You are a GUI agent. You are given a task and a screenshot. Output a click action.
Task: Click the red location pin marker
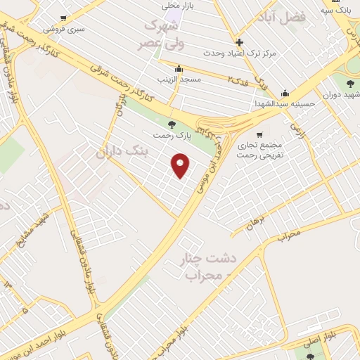point(181,165)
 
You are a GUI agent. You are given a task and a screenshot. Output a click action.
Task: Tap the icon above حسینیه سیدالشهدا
point(285,93)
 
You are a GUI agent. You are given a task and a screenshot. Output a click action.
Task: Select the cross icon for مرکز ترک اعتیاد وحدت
point(240,42)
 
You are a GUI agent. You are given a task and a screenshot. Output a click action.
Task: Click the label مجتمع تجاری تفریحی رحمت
point(259,149)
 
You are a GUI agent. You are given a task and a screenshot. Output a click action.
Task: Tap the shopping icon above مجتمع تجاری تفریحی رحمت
point(259,134)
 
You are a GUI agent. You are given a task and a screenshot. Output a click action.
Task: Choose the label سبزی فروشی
point(63,30)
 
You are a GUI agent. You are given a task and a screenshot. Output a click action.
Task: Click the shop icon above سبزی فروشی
point(64,18)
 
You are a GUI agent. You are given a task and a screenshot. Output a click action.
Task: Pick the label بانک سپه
point(335,11)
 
